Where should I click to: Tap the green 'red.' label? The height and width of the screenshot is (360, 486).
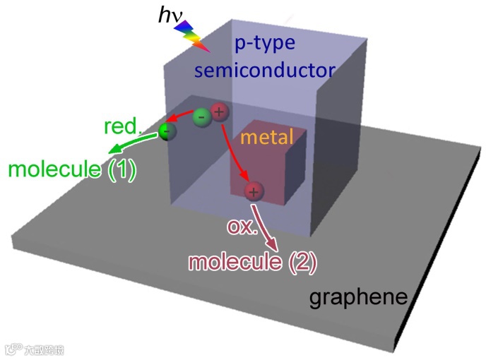122,127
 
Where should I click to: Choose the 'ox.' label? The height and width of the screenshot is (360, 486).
238,227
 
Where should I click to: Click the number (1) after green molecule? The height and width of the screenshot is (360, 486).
122,170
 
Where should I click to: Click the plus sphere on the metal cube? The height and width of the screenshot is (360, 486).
253,191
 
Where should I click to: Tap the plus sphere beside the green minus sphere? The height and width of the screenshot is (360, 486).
220,112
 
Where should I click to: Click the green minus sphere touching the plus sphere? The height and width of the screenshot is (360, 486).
201,116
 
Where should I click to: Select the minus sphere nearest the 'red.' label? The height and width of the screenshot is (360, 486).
167,130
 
